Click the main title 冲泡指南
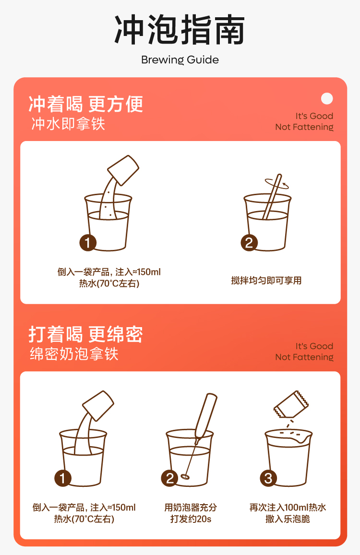[x=180, y=30]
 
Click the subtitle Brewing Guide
[x=180, y=60]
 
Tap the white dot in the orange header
[x=327, y=98]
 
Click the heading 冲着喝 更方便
[x=86, y=104]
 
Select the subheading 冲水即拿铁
[x=68, y=124]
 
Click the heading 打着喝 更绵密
[x=86, y=334]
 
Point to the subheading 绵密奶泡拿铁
[x=74, y=354]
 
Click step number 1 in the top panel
[x=88, y=242]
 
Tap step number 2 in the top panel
[x=249, y=242]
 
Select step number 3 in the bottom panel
[x=268, y=478]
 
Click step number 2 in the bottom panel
[x=170, y=478]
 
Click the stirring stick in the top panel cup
[x=272, y=197]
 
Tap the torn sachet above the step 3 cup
[x=291, y=404]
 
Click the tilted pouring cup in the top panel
[x=123, y=170]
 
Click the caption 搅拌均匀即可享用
[x=266, y=281]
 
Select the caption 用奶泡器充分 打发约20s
[x=191, y=513]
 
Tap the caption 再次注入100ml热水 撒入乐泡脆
[x=288, y=513]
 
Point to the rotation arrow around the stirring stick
[x=277, y=183]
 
